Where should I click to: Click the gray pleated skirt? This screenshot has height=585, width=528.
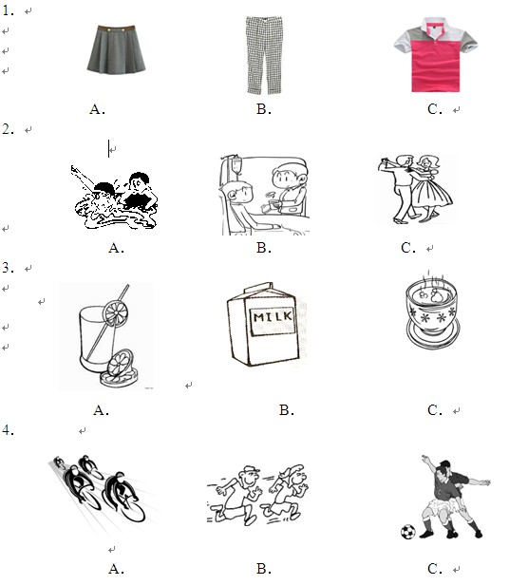coord(116,49)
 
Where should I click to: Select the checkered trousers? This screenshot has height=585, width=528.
coord(264,55)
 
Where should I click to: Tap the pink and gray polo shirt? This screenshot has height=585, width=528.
coord(436,55)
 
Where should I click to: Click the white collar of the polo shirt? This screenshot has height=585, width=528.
coord(435,28)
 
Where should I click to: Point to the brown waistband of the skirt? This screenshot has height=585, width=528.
coord(116,28)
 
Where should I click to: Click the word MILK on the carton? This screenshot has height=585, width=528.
coord(273,317)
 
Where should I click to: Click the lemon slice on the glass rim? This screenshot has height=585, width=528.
coord(116,313)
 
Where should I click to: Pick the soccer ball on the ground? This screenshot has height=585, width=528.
coord(407,532)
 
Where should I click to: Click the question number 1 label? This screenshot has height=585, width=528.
coord(8,11)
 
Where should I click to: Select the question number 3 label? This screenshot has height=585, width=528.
coord(8,268)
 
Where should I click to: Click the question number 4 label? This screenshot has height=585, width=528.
coord(8,430)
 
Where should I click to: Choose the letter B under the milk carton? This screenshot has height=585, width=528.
coord(286,410)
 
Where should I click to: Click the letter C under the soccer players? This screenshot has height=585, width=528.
coord(435,569)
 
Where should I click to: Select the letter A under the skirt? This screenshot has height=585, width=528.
coord(98,109)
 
